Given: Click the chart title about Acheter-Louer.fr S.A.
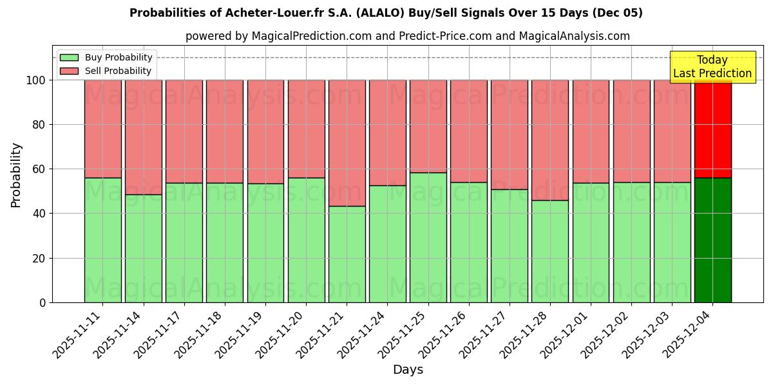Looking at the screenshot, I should [386, 13].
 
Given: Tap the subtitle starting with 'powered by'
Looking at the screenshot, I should [407, 36].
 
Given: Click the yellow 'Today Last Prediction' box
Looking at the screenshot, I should [712, 67].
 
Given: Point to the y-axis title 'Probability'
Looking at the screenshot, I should [16, 175].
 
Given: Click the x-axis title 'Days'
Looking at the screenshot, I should [408, 370].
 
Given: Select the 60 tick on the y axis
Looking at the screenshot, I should [39, 169].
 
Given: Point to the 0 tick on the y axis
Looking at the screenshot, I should [43, 302].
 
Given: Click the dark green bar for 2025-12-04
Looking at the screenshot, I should [712, 240].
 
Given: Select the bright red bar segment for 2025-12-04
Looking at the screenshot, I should [712, 129].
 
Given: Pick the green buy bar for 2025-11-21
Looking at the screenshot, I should [347, 254].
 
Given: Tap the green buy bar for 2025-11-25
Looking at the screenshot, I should [428, 237].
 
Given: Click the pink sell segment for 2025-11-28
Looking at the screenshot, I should [550, 140].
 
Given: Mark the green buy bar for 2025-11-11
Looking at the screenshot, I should [103, 240].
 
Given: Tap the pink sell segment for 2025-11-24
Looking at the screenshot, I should [388, 133].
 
